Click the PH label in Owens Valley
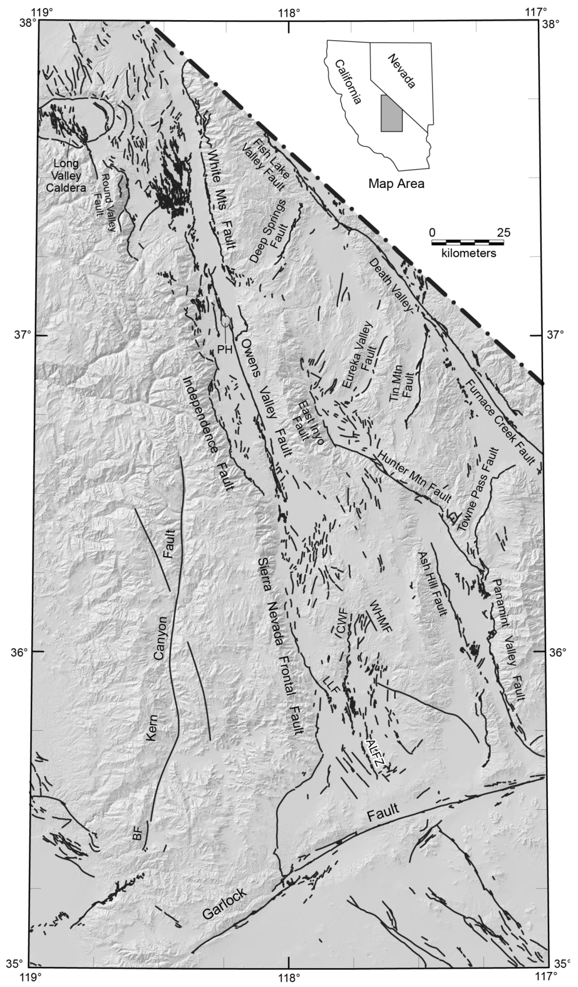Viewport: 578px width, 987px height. (225, 349)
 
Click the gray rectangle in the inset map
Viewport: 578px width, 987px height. (391, 113)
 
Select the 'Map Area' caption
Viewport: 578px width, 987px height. (396, 183)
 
